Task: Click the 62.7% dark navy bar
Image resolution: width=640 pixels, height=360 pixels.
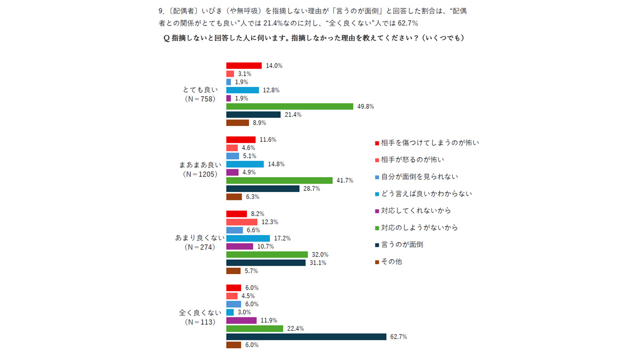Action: point(306,337)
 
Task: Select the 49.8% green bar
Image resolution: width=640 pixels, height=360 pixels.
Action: point(290,106)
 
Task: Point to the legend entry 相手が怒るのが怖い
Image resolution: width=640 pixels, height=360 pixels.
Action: point(418,159)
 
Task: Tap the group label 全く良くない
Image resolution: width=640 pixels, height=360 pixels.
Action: point(197,313)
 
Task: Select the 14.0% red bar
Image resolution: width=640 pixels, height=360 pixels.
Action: point(244,66)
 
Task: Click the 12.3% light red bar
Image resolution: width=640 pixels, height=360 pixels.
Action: point(242,222)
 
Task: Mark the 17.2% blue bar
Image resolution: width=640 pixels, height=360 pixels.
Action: point(248,238)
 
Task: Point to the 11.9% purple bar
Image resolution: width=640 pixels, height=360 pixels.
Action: point(238,321)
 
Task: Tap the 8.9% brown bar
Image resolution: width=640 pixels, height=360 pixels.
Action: point(237,123)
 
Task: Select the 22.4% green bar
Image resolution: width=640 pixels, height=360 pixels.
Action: point(254,329)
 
